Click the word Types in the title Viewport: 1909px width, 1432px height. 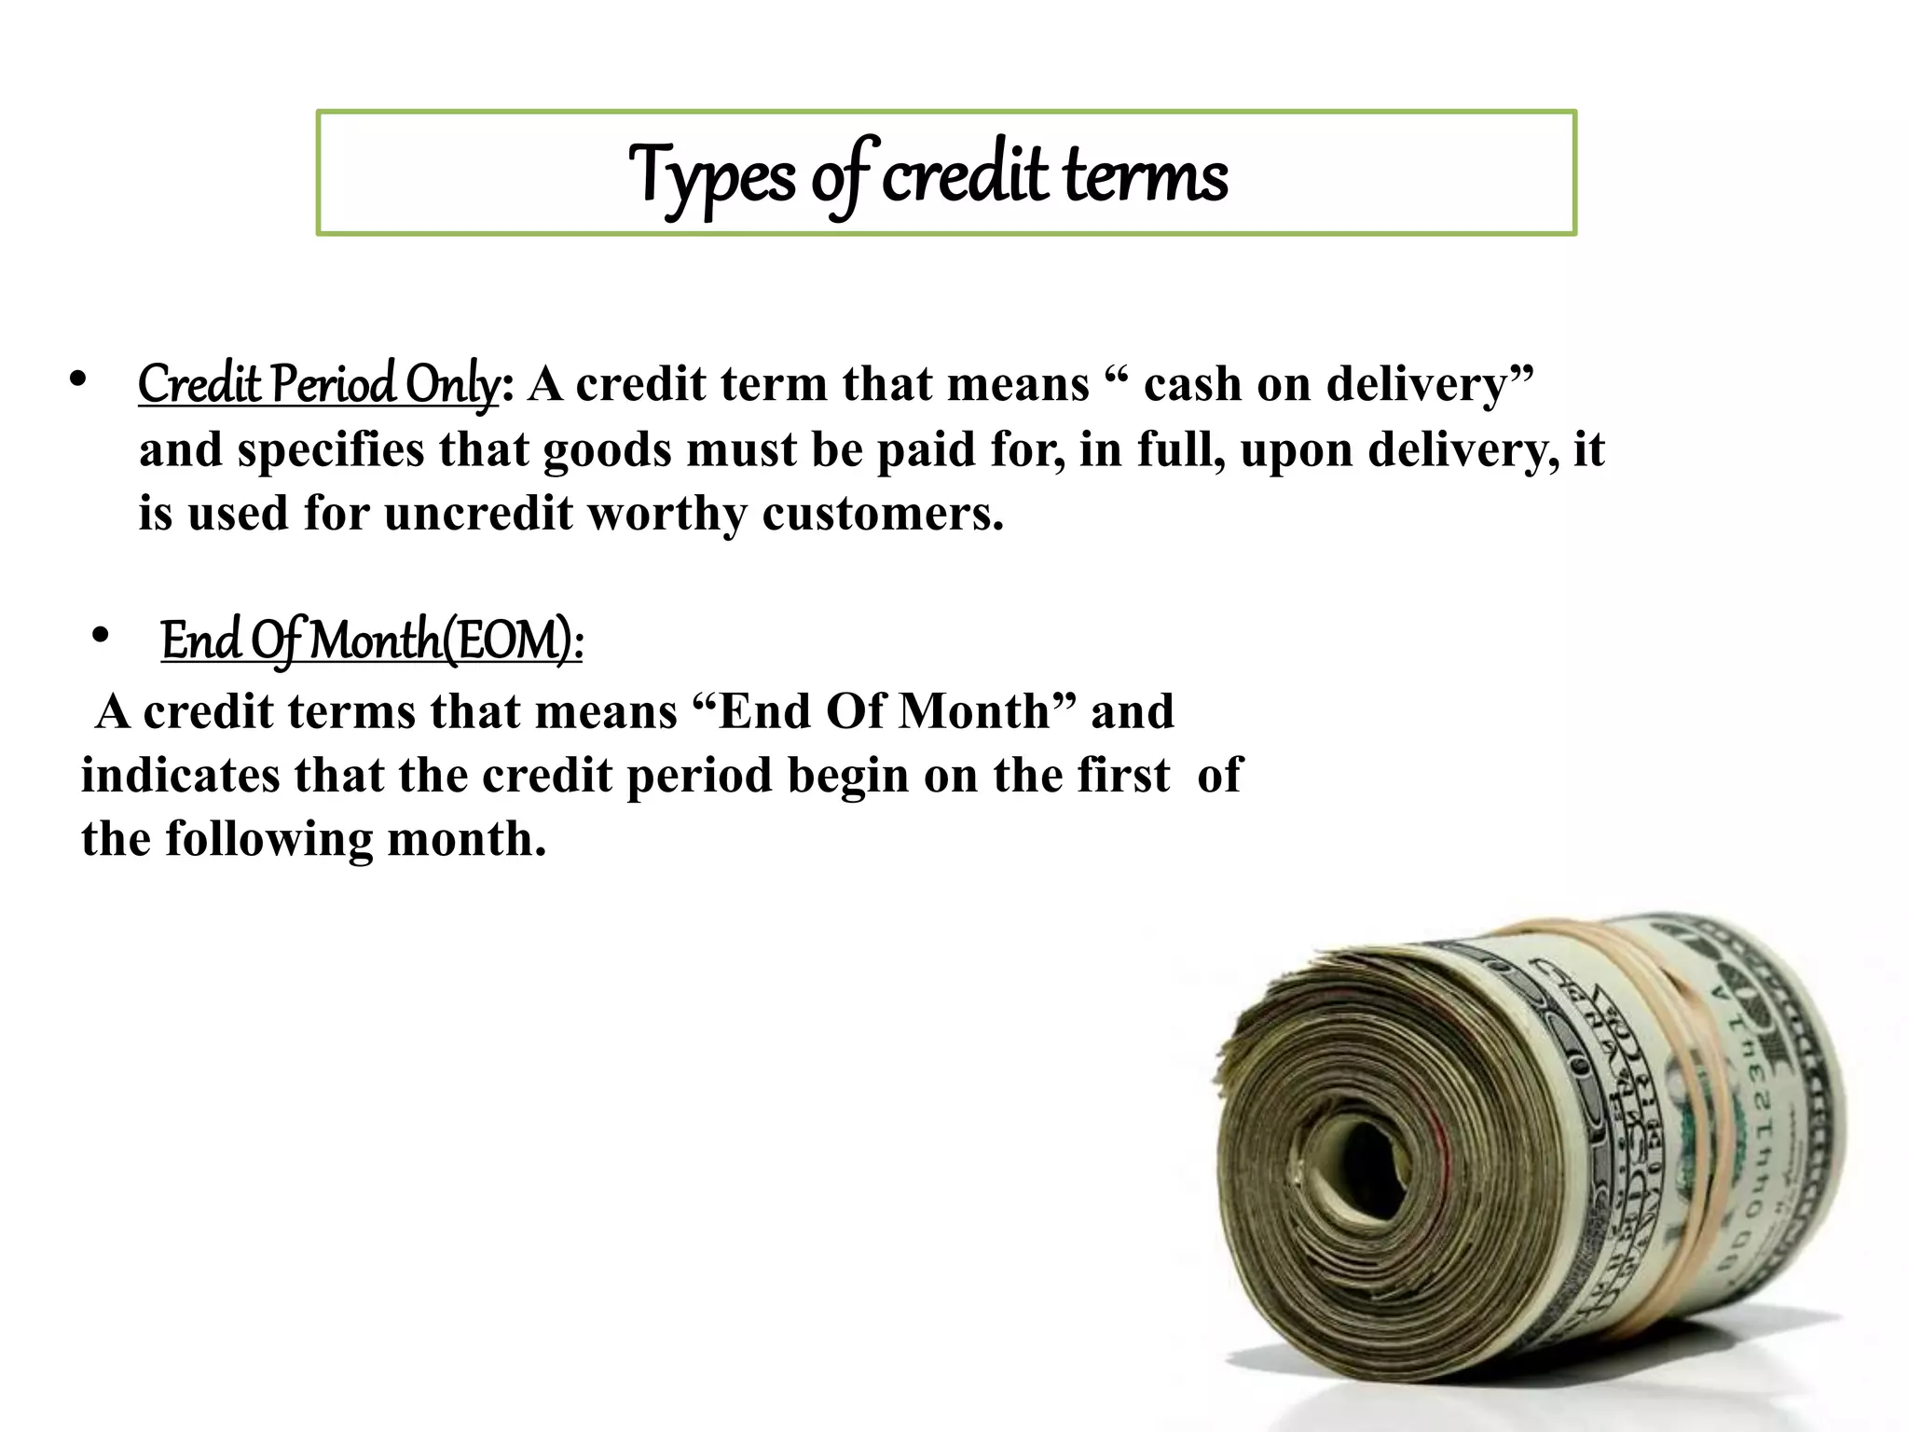pyautogui.click(x=711, y=176)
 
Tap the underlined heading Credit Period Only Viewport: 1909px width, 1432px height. pyautogui.click(x=318, y=384)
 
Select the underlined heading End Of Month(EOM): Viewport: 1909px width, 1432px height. pyautogui.click(x=372, y=641)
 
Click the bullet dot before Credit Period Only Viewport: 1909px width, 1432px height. pyautogui.click(x=77, y=380)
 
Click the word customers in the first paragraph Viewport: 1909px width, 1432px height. pyautogui.click(x=883, y=514)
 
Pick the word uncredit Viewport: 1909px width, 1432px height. pyautogui.click(x=478, y=514)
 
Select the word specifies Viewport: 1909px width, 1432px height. pyautogui.click(x=331, y=450)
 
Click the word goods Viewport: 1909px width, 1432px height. pyautogui.click(x=607, y=450)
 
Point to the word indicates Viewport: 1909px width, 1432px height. pyautogui.click(x=180, y=776)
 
